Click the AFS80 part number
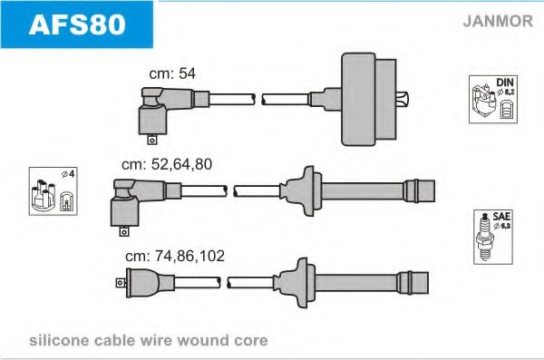point(77,24)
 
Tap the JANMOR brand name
point(498,21)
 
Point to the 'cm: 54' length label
point(172,73)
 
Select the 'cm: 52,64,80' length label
point(167,164)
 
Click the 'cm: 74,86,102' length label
point(175,256)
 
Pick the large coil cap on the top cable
point(368,99)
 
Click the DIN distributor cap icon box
point(493,99)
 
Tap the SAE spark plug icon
point(493,237)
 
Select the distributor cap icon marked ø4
point(53,191)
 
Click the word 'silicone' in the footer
point(59,340)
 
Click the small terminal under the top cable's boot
point(152,140)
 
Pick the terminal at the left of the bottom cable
point(121,283)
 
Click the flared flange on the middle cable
point(301,191)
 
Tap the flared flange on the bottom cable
point(295,283)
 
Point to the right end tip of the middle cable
point(434,191)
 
